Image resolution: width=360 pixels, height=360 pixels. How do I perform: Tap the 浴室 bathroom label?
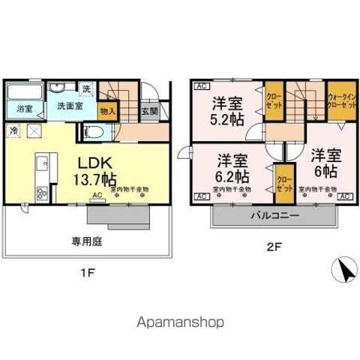[x=25, y=109]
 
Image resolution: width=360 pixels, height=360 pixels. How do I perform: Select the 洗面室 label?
[x=68, y=106]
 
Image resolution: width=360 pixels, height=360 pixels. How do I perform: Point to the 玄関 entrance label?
[x=149, y=111]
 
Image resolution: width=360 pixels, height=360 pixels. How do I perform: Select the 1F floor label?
[x=87, y=273]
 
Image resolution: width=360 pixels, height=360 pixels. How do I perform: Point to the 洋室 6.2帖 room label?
[x=232, y=168]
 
